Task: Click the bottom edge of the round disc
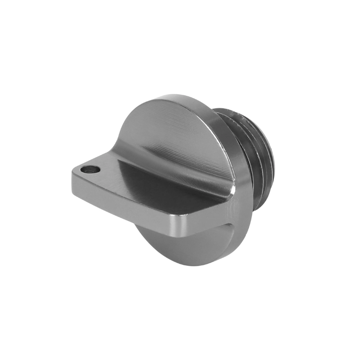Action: point(189,265)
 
